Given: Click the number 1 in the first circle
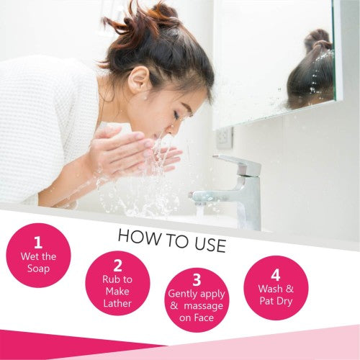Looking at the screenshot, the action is [x=38, y=243].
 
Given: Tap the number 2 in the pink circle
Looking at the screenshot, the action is [x=117, y=266].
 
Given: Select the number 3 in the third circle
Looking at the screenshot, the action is [x=197, y=279].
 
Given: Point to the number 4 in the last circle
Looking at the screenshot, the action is [x=276, y=275].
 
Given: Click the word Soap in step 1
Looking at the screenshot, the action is [x=38, y=269].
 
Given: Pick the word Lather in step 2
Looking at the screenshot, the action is [x=117, y=304].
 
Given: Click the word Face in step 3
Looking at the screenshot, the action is [x=204, y=318].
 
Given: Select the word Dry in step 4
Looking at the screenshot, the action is [x=284, y=302].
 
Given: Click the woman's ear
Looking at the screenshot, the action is [x=139, y=78].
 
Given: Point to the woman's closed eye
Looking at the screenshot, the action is [x=176, y=116].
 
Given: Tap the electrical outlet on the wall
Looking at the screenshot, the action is [x=225, y=138].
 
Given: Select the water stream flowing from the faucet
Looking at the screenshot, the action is [x=200, y=210].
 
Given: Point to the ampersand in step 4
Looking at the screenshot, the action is [x=289, y=289].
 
